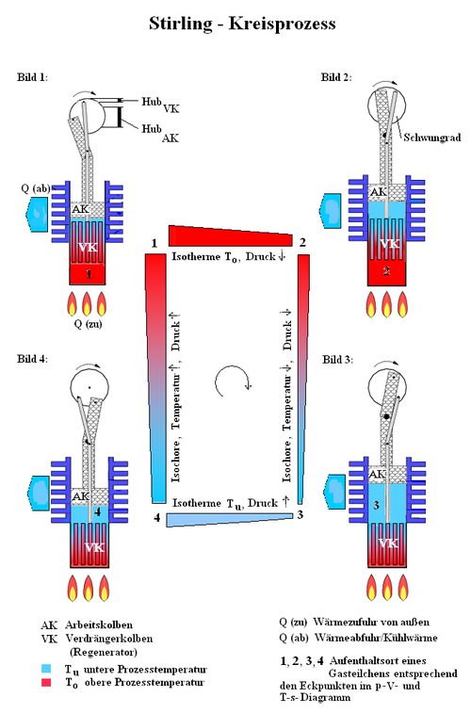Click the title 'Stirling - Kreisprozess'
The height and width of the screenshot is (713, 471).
click(242, 24)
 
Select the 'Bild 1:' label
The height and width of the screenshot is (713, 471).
click(32, 77)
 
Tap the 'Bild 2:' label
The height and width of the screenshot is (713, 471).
click(336, 77)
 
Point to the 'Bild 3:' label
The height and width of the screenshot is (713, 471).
click(338, 359)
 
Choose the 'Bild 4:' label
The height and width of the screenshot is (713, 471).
click(32, 358)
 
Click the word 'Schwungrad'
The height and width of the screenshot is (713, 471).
click(431, 138)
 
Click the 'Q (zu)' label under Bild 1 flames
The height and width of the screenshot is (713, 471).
click(89, 324)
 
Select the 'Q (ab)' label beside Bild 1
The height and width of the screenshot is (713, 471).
click(36, 187)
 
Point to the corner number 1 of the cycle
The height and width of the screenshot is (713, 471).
click(154, 243)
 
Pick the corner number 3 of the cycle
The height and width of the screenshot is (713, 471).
click(300, 514)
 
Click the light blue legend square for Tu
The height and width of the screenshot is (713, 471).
click(46, 669)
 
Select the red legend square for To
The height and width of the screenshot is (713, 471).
click(46, 683)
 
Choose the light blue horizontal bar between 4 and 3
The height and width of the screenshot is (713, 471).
click(230, 520)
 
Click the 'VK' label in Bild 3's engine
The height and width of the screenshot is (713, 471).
click(388, 543)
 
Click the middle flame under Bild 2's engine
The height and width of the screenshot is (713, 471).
click(387, 303)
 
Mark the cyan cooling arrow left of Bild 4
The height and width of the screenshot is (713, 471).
click(39, 493)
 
